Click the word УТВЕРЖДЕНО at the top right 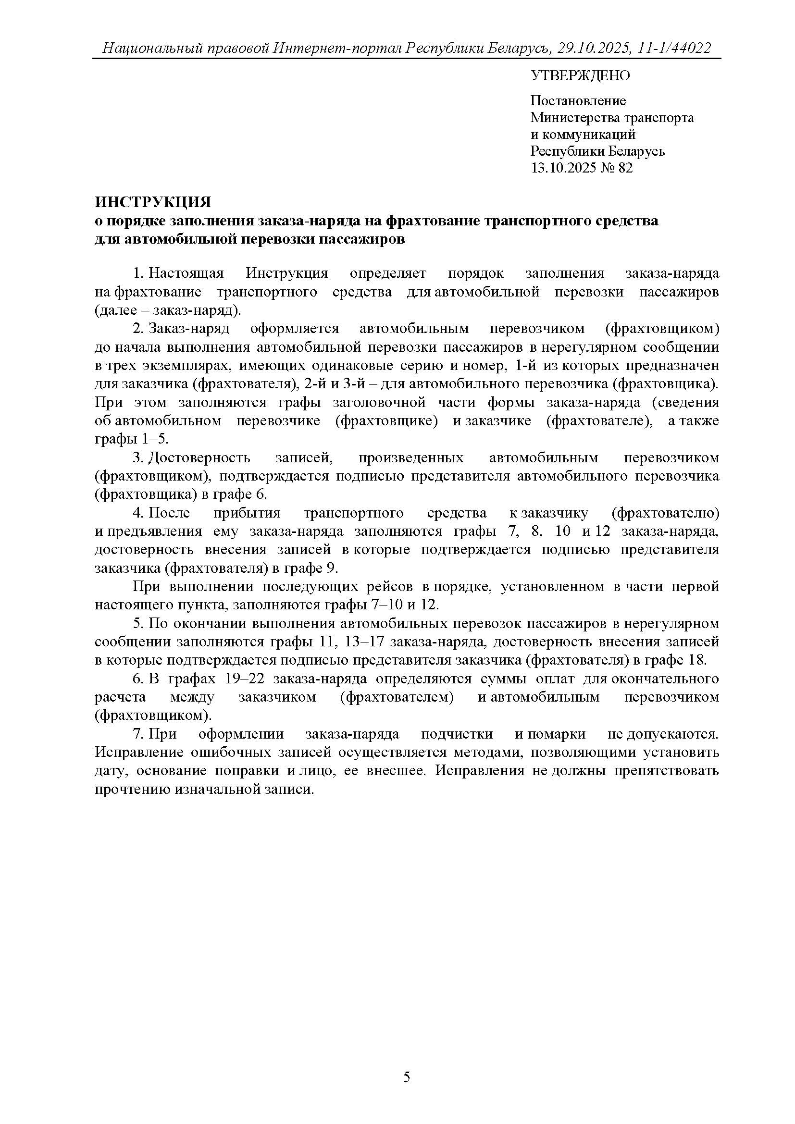(580, 76)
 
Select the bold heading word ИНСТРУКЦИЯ (153, 202)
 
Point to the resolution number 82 (625, 168)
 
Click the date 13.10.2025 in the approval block (563, 168)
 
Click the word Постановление (578, 101)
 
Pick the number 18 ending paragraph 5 (697, 660)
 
